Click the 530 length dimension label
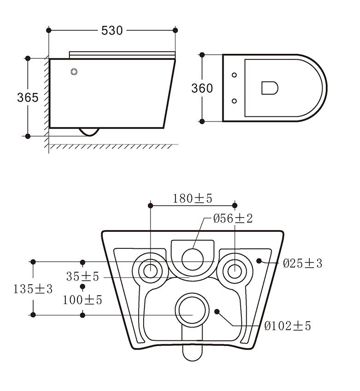pos(112,30)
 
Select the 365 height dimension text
pos(28,97)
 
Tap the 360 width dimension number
pos(202,88)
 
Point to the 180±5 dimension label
pos(192,199)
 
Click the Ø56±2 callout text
pos(233,218)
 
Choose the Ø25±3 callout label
pos(302,263)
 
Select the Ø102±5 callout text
pos(288,326)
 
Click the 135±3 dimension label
pos(33,289)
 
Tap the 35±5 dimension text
pos(82,276)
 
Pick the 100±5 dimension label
pos(82,300)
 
